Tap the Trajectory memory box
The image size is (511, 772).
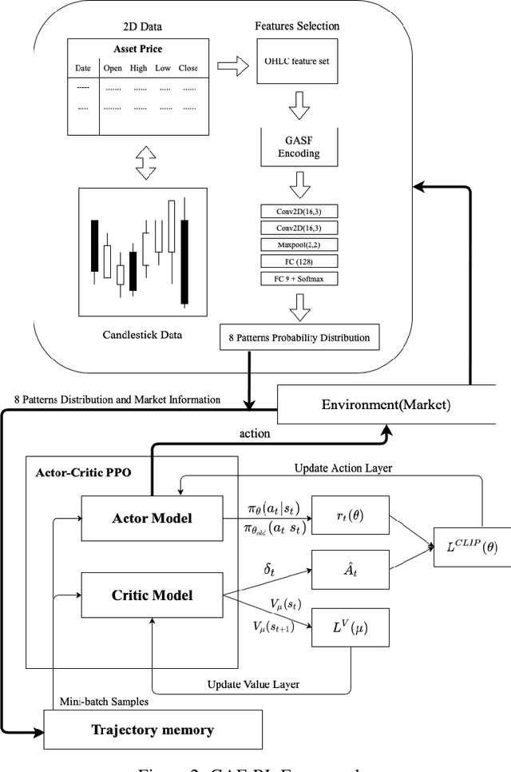[153, 729]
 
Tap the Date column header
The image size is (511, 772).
[84, 68]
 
